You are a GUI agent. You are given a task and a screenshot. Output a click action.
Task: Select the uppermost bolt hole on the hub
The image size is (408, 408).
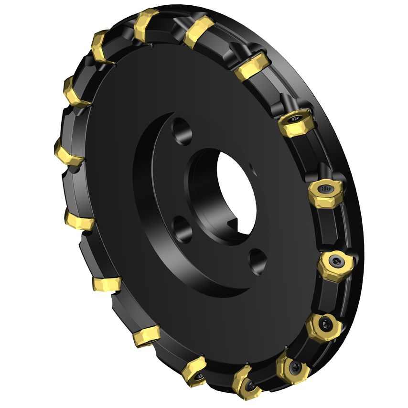[180, 130]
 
